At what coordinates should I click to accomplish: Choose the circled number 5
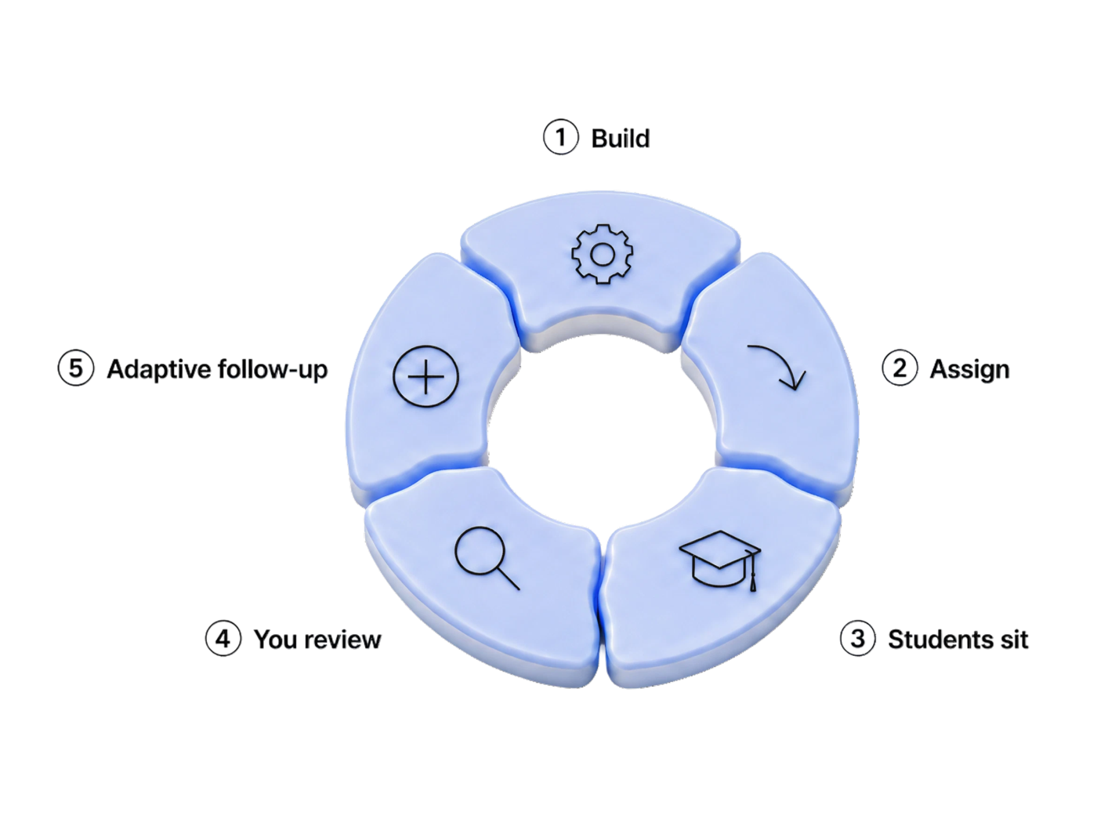click(75, 368)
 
